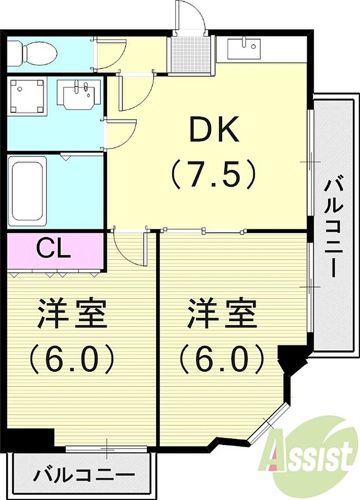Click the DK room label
214,129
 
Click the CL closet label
53,248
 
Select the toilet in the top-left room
32,52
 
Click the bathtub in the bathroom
27,191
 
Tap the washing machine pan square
27,96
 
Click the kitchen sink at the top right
244,49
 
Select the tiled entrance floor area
190,54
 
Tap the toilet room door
110,54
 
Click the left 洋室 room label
72,313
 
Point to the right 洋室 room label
222,313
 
